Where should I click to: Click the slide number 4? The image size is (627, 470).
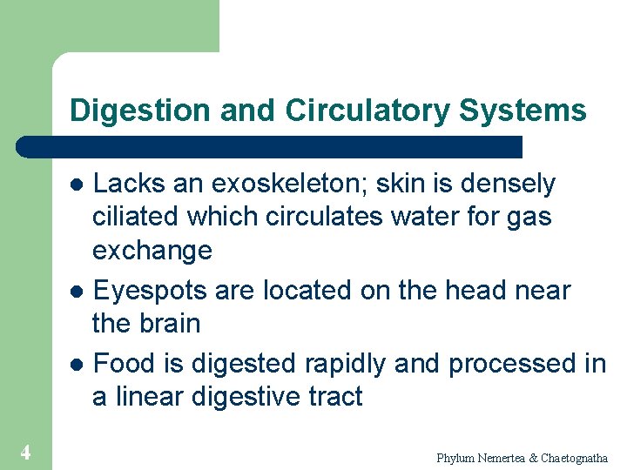pyautogui.click(x=26, y=451)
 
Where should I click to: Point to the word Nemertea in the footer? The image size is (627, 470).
pyautogui.click(x=502, y=457)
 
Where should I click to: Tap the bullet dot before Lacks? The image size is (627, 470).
pyautogui.click(x=78, y=185)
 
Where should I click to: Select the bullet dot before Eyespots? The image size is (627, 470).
pyautogui.click(x=78, y=291)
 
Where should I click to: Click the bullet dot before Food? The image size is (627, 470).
pyautogui.click(x=78, y=364)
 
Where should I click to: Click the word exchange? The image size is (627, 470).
pyautogui.click(x=152, y=251)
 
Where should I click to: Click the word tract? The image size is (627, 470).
pyautogui.click(x=334, y=397)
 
